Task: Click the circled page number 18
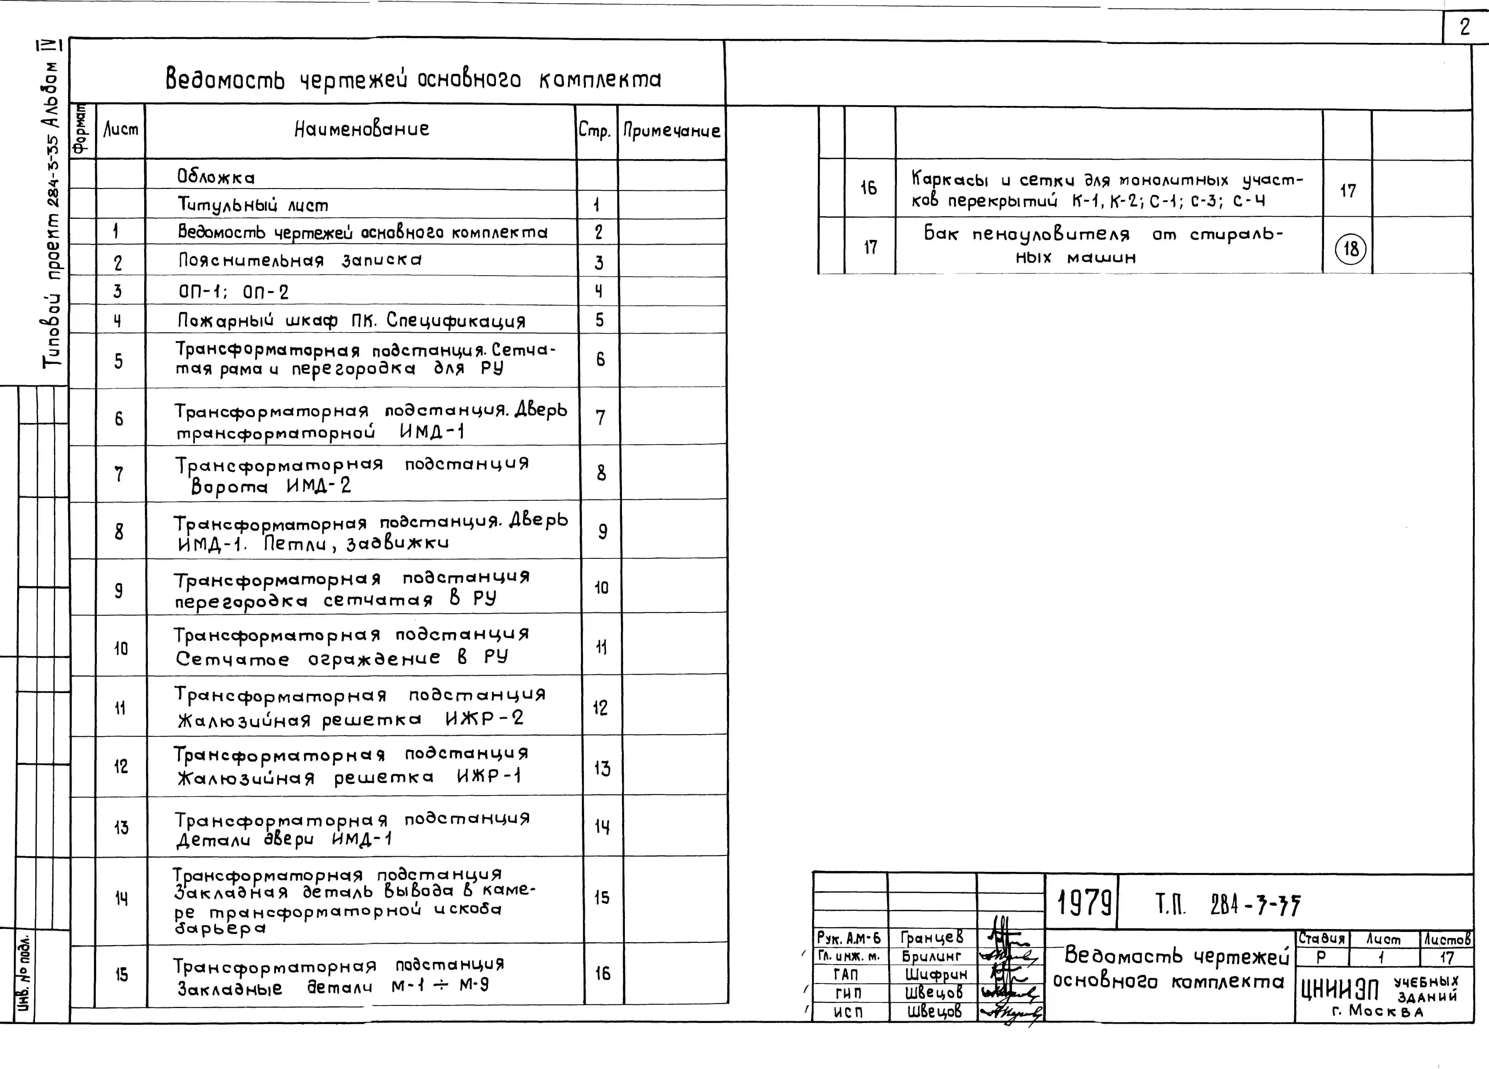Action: pos(1350,249)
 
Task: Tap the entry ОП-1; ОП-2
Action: pos(233,291)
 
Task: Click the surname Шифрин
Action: pos(932,975)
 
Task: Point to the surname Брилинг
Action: pos(932,956)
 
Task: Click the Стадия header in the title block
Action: pos(1322,939)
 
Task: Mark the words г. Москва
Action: pos(1377,1011)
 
